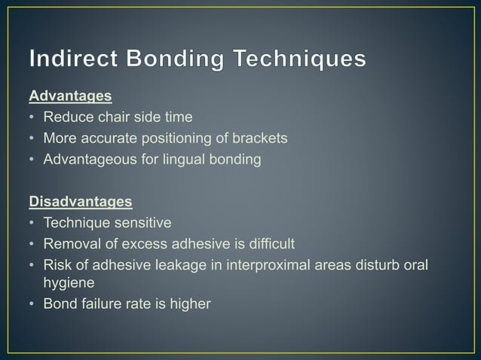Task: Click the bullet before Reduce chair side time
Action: [32, 117]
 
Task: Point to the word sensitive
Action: [145, 223]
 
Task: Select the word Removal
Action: [69, 244]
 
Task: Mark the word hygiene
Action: [68, 282]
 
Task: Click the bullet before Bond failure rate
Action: [32, 304]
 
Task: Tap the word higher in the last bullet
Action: [191, 304]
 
